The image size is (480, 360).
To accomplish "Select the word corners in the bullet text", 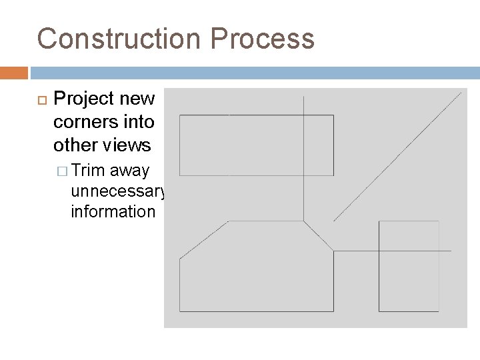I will point(84,123).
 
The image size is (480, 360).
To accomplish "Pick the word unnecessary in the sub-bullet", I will point(117,192).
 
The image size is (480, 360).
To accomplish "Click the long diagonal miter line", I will point(397,157).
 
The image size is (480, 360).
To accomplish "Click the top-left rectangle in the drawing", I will point(257,145).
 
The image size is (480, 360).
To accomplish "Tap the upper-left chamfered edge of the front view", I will point(204,239).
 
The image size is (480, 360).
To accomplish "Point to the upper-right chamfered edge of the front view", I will point(319,236).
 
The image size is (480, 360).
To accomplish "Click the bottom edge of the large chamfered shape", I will point(257,311).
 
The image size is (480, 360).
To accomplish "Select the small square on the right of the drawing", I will point(409,265).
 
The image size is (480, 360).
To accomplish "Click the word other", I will point(74,145).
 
